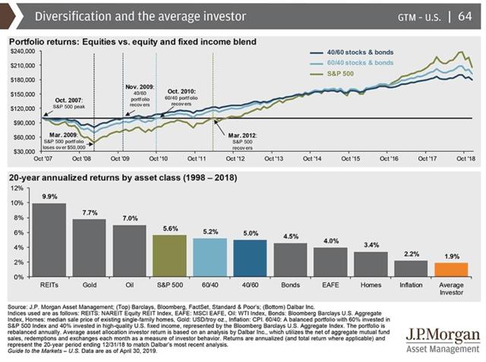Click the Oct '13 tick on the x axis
click(273, 159)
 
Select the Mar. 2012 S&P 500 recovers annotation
click(247, 137)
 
